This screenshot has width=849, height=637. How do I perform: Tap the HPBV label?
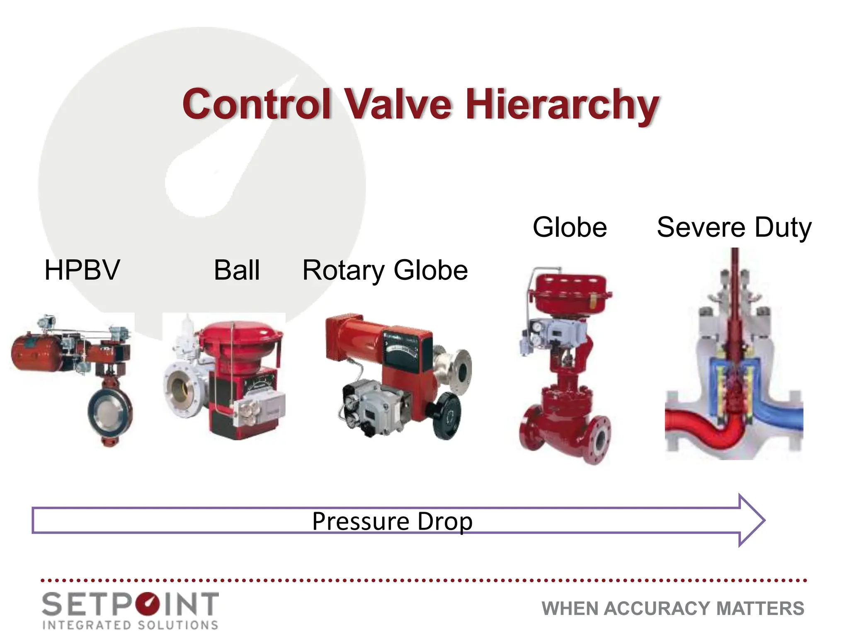[x=82, y=270]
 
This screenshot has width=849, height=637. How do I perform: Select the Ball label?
[x=237, y=270]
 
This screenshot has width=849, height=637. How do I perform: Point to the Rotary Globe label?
[x=385, y=270]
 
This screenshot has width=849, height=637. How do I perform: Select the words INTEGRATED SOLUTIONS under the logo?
[x=130, y=625]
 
